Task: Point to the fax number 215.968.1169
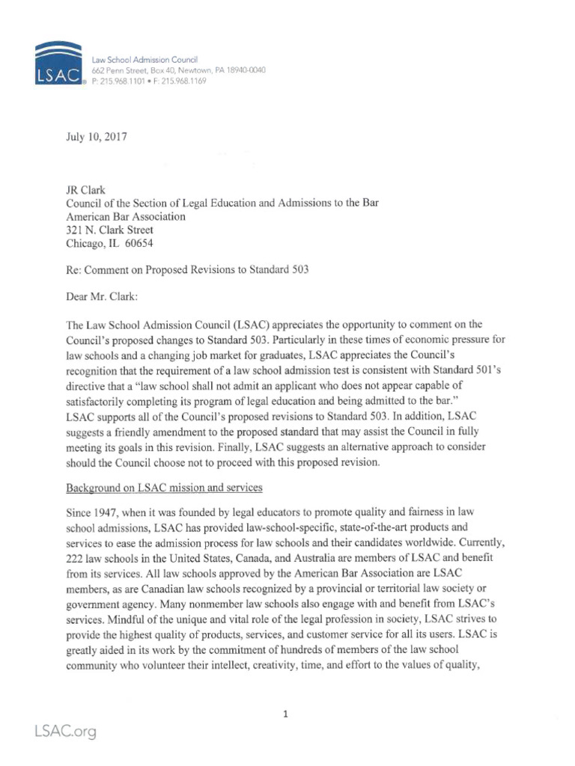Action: (x=183, y=81)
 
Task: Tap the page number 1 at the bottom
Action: (x=285, y=714)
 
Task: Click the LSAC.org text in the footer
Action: (x=64, y=732)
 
